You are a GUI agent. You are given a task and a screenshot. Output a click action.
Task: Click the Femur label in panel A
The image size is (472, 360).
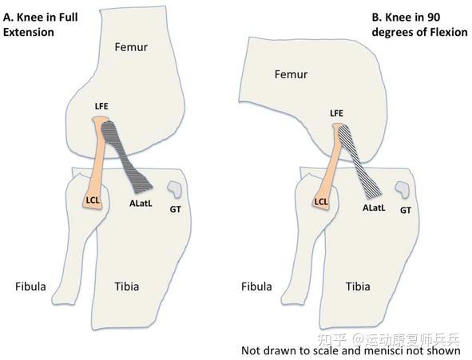click(131, 47)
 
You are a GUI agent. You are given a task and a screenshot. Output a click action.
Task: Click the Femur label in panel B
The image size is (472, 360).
click(291, 74)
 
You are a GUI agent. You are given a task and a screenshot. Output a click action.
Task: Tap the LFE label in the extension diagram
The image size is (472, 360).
click(101, 106)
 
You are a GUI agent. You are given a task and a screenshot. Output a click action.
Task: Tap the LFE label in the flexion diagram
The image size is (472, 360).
click(336, 113)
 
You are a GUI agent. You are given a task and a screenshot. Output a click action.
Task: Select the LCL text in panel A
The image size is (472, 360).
click(93, 200)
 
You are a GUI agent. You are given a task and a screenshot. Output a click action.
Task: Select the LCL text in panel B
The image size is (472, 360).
click(321, 202)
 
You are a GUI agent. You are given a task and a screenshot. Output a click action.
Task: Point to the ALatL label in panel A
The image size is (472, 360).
click(141, 204)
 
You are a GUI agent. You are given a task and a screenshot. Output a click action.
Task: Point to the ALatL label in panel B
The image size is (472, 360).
click(374, 208)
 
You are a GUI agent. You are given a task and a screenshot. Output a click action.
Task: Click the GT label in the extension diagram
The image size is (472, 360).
click(175, 209)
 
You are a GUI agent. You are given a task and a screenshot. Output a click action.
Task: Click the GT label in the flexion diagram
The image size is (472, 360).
click(406, 210)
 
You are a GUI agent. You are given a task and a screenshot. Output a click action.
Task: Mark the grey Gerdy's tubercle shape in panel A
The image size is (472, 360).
click(175, 189)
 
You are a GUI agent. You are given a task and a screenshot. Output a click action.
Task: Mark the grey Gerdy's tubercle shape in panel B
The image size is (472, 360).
click(403, 189)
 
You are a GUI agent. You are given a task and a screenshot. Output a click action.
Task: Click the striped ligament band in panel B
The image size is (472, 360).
click(359, 162)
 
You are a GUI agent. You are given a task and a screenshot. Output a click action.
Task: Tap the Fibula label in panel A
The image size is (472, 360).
click(30, 287)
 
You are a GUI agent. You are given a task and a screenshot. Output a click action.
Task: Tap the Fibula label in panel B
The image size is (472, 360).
click(256, 287)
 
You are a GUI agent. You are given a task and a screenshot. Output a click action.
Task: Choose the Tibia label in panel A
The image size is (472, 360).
click(127, 287)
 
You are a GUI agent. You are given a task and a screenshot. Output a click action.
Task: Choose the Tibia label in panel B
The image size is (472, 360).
click(358, 287)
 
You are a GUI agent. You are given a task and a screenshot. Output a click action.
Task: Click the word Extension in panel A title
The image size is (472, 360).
click(29, 32)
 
